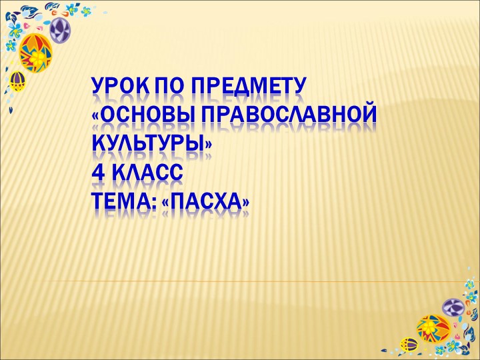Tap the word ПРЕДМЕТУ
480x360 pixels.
(x=248, y=87)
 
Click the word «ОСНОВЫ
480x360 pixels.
(x=139, y=116)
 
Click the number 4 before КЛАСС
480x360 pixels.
(x=99, y=173)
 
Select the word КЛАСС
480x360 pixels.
(x=147, y=173)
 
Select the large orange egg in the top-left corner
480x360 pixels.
(x=35, y=53)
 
